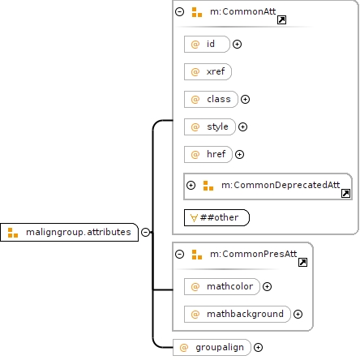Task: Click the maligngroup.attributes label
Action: tap(79, 232)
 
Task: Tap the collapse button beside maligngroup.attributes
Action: tap(145, 232)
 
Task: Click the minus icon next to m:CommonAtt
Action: tap(179, 11)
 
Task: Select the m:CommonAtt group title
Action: tap(242, 11)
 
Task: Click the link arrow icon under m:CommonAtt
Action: tap(281, 19)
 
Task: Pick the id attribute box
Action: tap(207, 44)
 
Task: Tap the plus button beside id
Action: tap(237, 44)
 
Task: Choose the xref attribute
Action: tap(208, 71)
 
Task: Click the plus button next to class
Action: tap(245, 99)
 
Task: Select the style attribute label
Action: tap(217, 126)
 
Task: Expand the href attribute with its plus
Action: tap(239, 154)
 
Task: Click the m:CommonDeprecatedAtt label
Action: tap(281, 185)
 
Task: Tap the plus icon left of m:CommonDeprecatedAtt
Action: tap(191, 185)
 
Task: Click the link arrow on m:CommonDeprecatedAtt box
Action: tap(345, 193)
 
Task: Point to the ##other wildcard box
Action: tap(216, 217)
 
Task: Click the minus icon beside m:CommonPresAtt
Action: tap(179, 254)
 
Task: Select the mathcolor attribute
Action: tap(222, 286)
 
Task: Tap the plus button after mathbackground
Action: tap(298, 314)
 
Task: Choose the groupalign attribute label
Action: tap(220, 348)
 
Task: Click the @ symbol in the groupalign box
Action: tap(184, 348)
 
